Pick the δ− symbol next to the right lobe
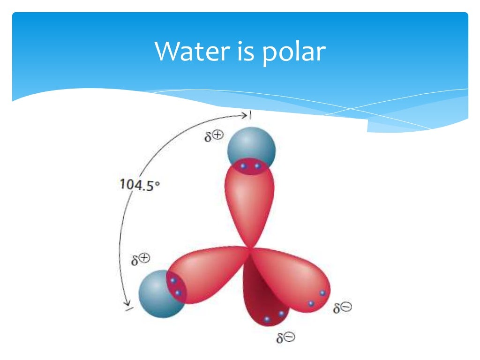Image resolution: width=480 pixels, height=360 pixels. coord(343,308)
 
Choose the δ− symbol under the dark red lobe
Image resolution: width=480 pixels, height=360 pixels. coord(286,337)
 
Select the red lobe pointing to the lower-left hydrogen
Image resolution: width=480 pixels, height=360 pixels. coord(206,274)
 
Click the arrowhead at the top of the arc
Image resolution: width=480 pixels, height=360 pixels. coord(248,115)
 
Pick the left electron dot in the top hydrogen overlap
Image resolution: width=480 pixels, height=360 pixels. coord(243,166)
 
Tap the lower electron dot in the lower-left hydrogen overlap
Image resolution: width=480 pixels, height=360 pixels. coord(178,293)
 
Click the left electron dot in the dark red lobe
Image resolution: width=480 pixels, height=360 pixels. coord(267,319)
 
